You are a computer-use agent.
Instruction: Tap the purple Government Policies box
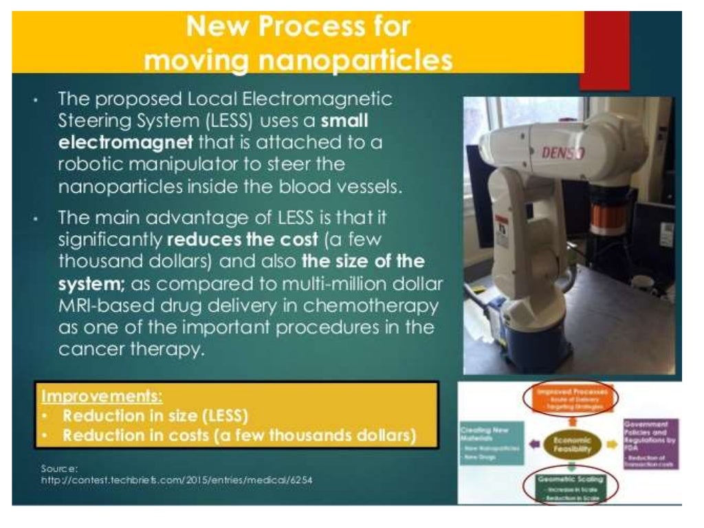click(x=650, y=443)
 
